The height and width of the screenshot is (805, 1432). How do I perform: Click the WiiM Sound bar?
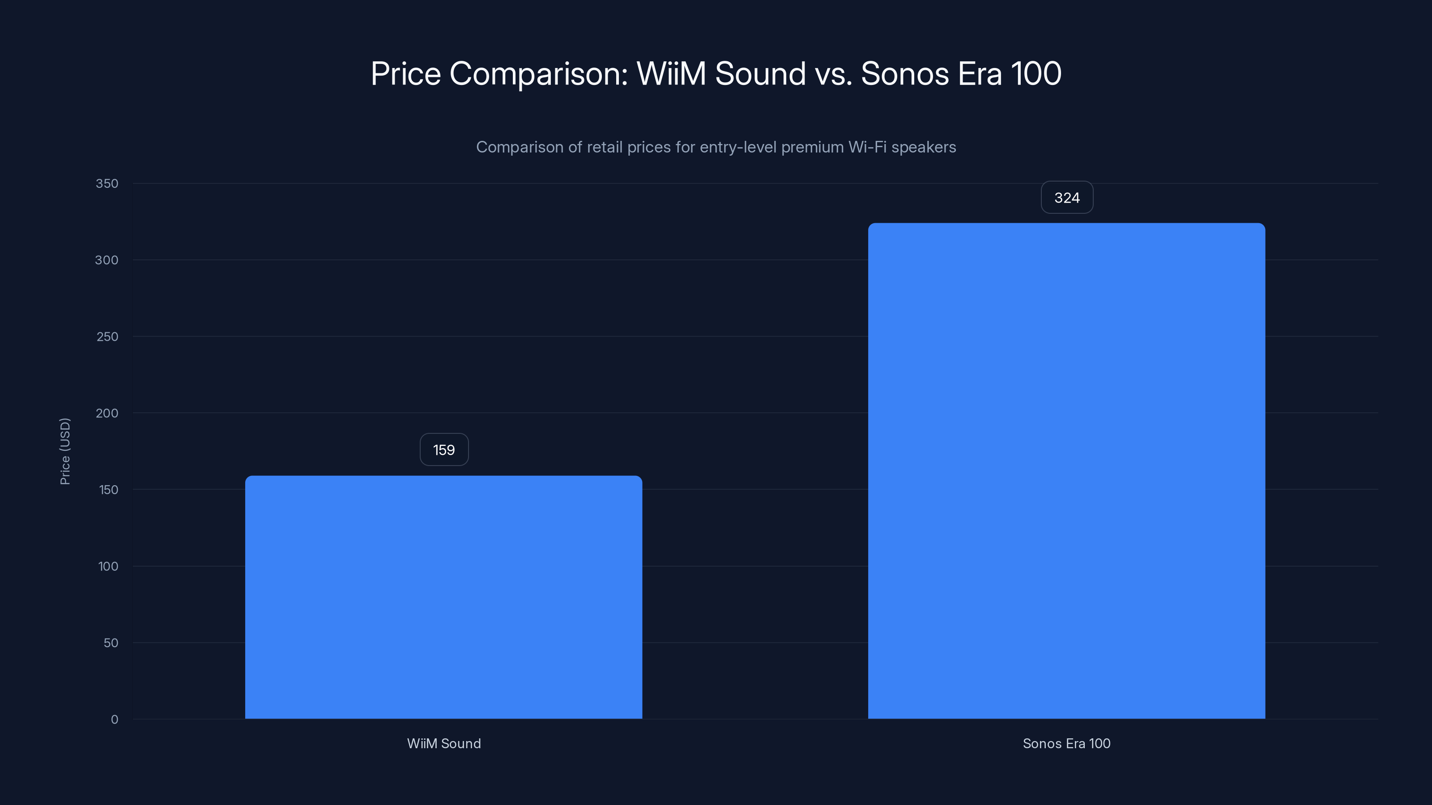(x=443, y=597)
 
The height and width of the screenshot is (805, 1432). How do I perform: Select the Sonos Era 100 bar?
(x=1066, y=471)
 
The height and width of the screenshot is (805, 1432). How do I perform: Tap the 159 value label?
(x=443, y=450)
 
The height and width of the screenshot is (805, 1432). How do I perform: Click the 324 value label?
(x=1067, y=198)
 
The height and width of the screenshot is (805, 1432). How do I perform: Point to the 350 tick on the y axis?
(x=107, y=184)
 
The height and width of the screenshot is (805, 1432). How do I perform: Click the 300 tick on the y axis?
(x=107, y=260)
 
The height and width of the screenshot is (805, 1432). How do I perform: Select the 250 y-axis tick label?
(x=107, y=337)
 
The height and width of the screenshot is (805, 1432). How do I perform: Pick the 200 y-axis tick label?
(x=107, y=413)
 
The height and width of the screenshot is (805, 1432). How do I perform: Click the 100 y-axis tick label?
(x=108, y=567)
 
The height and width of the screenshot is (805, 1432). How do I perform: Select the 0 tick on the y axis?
(x=115, y=720)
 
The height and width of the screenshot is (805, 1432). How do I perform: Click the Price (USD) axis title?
(x=65, y=451)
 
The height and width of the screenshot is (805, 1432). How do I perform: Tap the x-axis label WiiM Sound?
(x=443, y=744)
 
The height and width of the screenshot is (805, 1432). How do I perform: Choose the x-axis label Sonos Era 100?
(x=1066, y=744)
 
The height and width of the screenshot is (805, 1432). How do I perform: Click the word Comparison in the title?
(x=538, y=74)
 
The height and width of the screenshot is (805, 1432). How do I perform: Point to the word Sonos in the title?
(x=904, y=74)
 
